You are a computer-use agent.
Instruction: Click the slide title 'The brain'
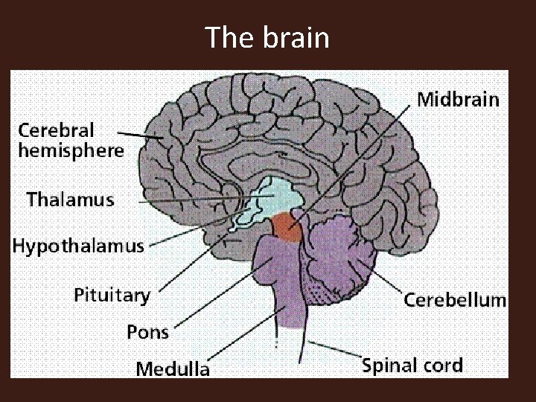click(x=267, y=36)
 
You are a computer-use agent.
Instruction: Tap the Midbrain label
click(x=458, y=99)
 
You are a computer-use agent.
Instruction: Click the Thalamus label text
click(x=71, y=200)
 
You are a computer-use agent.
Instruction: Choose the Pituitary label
click(x=112, y=296)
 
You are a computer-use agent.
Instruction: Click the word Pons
click(x=147, y=331)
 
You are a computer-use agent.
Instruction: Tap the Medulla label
click(x=173, y=368)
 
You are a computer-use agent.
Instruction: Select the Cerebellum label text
click(x=455, y=300)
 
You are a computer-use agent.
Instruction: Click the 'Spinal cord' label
click(x=412, y=366)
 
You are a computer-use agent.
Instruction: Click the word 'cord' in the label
click(x=441, y=366)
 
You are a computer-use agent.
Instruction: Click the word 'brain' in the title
click(x=296, y=36)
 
